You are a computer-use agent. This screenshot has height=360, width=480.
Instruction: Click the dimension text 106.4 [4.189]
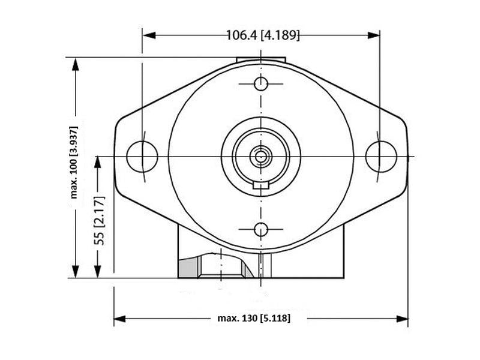[x=262, y=35]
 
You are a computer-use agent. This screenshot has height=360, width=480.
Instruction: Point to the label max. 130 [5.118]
[x=253, y=318]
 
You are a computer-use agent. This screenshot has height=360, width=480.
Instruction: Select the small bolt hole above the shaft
[x=261, y=83]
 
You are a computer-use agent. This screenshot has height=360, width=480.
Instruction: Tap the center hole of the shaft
[x=261, y=156]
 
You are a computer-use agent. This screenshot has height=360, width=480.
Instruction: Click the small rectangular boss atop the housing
[x=261, y=60]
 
